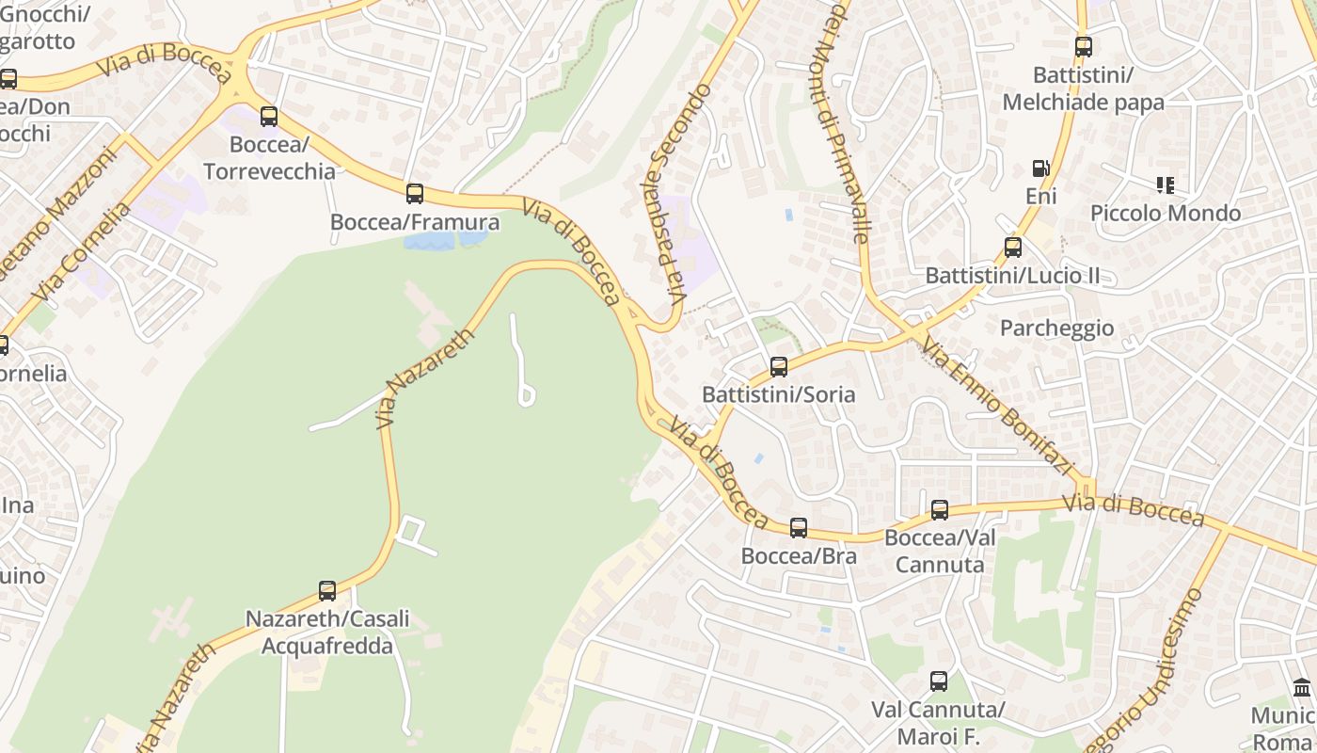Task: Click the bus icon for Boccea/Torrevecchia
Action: pos(269,117)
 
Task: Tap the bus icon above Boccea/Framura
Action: pos(415,194)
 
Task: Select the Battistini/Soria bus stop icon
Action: pos(779,367)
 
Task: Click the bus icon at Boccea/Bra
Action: pos(799,528)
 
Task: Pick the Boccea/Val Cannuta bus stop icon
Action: pos(940,510)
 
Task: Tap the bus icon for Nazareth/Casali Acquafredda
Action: pos(327,591)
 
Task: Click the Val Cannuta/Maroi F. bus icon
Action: pos(939,681)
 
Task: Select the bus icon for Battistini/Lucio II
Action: pos(1013,248)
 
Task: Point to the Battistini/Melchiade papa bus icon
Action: pos(1084,47)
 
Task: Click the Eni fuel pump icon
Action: pos(1040,168)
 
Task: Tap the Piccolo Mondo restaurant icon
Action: pos(1166,185)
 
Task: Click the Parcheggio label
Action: pos(1056,328)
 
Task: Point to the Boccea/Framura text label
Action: pos(415,222)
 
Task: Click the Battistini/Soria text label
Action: pos(779,394)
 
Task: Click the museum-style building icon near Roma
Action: pos(1302,688)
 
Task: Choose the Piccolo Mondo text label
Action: pos(1166,214)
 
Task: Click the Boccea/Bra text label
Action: pos(799,555)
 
